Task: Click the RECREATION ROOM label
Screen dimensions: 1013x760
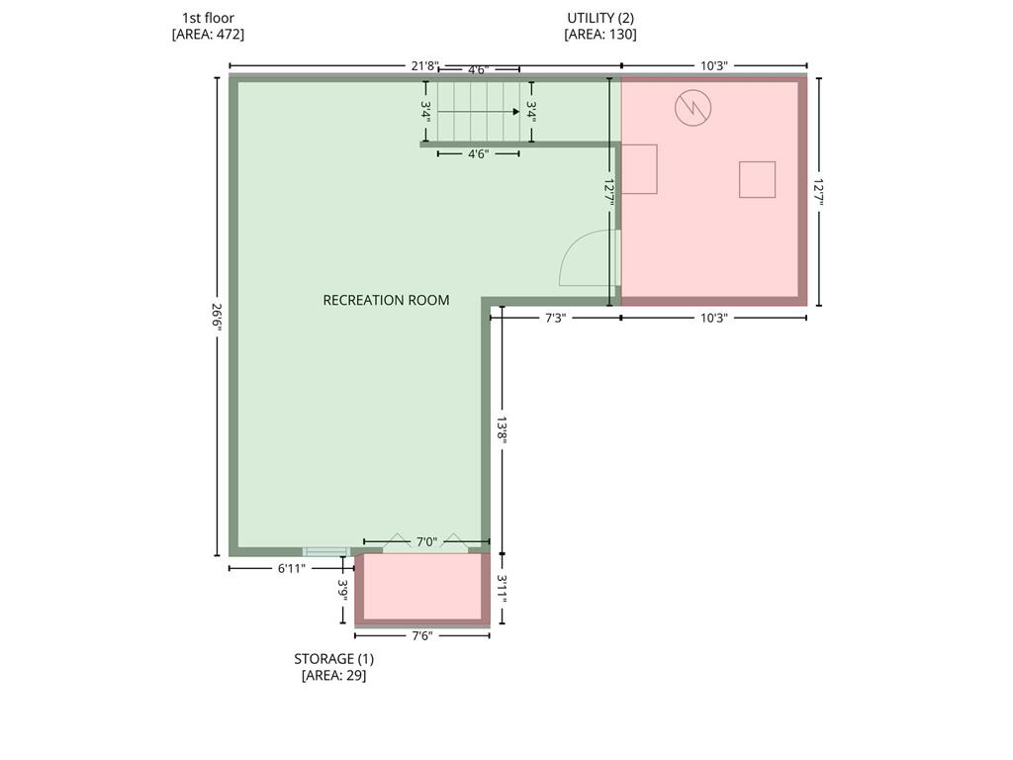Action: pos(386,300)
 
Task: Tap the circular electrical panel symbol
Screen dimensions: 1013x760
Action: pos(692,107)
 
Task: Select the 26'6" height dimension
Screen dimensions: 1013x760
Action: pos(217,317)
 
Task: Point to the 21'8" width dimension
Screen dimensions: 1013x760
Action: pos(424,65)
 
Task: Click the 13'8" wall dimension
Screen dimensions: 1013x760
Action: pos(502,427)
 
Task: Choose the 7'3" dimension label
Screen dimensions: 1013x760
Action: pos(555,318)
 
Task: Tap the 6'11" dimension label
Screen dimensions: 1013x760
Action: pos(291,569)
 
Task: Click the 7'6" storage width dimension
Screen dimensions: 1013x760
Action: pos(421,635)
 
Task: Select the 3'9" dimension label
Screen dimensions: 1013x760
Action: pos(343,590)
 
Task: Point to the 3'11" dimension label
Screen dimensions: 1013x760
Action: pos(502,589)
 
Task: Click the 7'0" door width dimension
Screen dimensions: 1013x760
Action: pos(426,541)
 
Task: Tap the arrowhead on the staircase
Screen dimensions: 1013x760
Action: pos(516,111)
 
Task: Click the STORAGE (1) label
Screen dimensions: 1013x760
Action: pos(334,658)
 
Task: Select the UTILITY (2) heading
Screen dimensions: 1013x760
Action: pos(600,18)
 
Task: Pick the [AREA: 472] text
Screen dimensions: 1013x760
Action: pos(208,35)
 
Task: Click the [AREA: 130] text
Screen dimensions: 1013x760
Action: pos(600,35)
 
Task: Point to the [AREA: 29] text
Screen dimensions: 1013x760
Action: pos(334,675)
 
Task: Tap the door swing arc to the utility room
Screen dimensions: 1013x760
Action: pos(571,248)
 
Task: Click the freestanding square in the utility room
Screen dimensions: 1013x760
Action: pos(757,180)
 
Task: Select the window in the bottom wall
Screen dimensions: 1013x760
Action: pos(326,551)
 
